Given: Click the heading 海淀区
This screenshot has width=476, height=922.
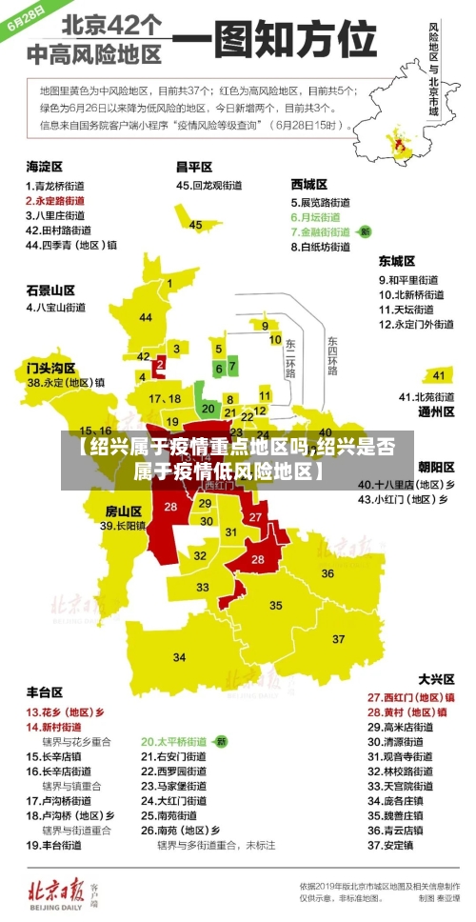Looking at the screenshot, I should point(45,165).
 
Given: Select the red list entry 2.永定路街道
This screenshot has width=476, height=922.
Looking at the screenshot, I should point(58,201).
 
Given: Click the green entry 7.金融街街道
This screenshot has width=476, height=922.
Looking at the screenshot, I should point(324,231).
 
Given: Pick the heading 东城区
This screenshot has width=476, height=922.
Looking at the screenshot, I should point(396,260).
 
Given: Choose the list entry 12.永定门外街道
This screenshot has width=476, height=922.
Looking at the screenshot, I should point(416,324).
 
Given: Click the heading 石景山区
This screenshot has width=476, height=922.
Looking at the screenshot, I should point(50,289).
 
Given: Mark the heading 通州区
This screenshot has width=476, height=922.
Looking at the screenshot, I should point(436,412).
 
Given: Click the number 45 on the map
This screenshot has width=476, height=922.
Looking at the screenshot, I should point(195,225).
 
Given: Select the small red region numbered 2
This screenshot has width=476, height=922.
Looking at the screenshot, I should point(160,363).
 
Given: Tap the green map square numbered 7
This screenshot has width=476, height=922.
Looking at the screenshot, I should point(232,365).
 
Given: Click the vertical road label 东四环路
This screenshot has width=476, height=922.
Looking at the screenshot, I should point(332,353).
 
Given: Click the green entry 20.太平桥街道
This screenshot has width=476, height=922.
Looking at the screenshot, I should point(174,740).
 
